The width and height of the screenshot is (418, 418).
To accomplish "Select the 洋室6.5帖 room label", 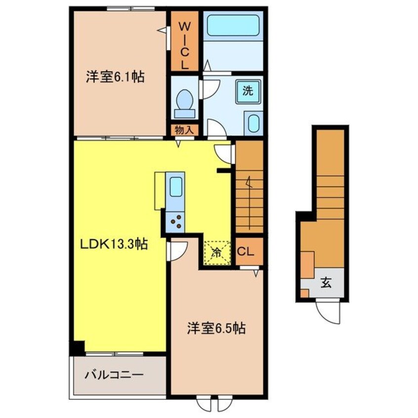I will (216, 328).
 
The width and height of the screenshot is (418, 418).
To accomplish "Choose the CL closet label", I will (246, 251).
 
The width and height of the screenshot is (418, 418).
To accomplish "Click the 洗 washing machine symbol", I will (248, 91).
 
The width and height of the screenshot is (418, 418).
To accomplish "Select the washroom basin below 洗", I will (253, 123).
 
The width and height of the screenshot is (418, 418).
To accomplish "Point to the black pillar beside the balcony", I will (77, 347).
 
